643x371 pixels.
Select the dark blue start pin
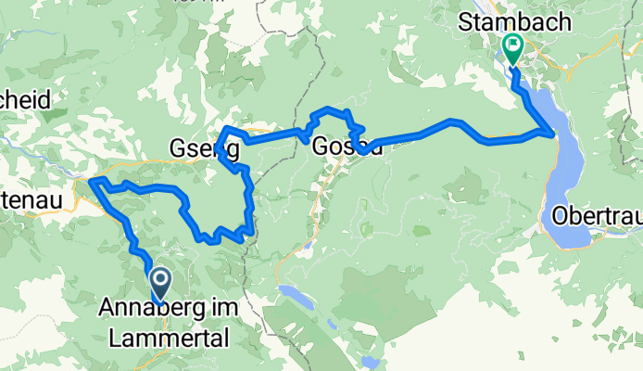pyautogui.click(x=159, y=283)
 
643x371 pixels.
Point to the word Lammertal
pyautogui.click(x=168, y=339)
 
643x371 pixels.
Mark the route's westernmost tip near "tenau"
pyautogui.click(x=91, y=183)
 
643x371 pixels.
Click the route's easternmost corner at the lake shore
pyautogui.click(x=554, y=134)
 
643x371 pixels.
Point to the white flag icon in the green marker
pyautogui.click(x=512, y=43)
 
